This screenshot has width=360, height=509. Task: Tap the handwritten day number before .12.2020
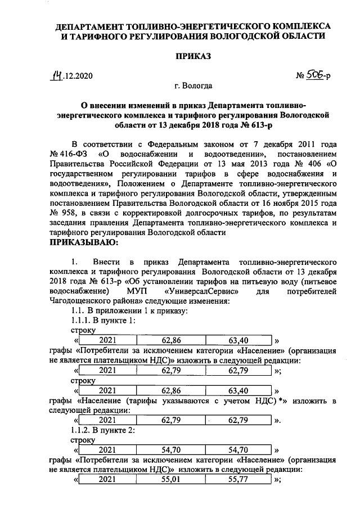click(x=57, y=74)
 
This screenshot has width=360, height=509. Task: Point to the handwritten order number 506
click(x=316, y=74)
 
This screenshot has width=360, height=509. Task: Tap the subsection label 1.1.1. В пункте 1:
click(x=103, y=321)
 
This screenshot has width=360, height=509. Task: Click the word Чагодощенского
click(x=83, y=301)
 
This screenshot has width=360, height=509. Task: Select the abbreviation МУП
click(x=138, y=292)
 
